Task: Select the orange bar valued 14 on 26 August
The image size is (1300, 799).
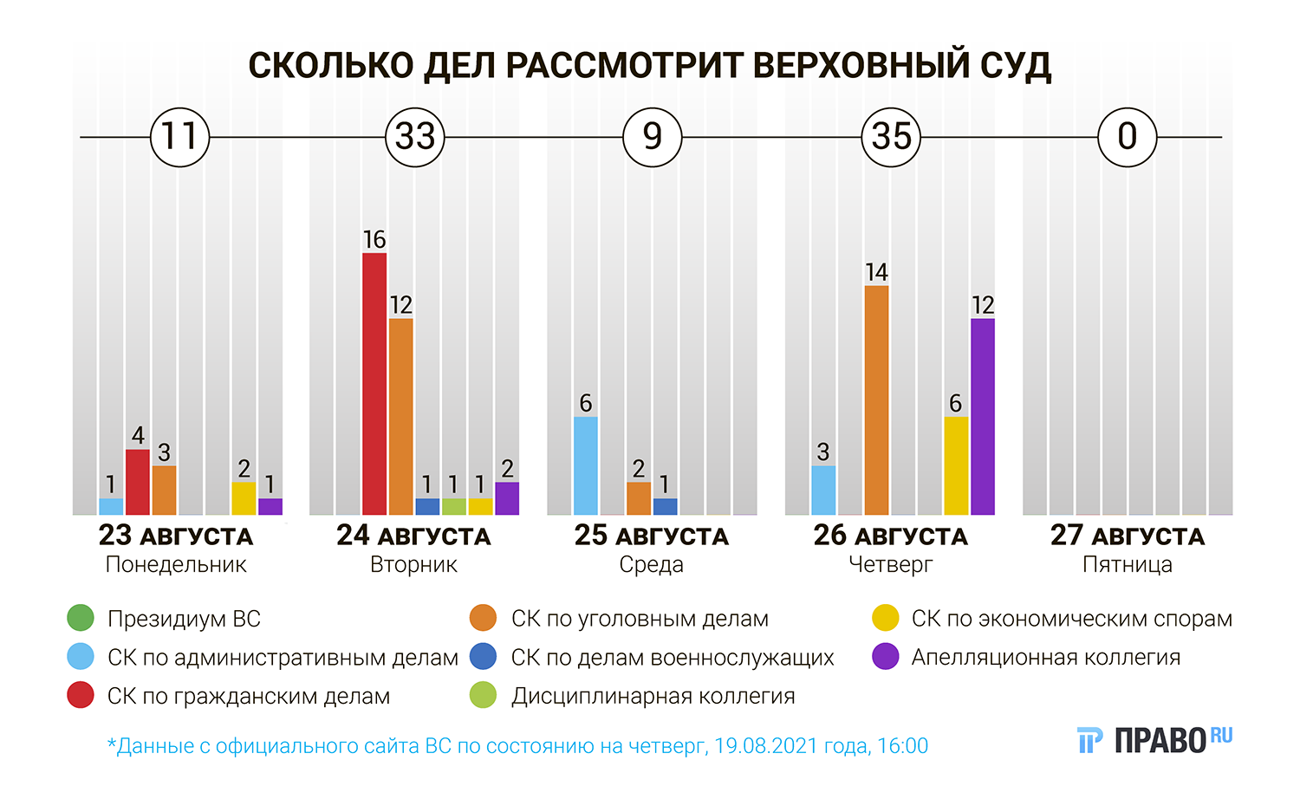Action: [876, 400]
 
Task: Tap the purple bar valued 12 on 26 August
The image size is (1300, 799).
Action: [983, 417]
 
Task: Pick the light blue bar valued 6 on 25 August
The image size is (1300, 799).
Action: [586, 466]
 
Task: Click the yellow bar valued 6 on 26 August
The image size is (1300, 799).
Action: [956, 466]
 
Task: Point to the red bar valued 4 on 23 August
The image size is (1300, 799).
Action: [138, 482]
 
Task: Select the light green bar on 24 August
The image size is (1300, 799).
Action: [453, 507]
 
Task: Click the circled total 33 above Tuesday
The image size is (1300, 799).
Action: [415, 137]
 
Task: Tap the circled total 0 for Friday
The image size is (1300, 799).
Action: [1128, 137]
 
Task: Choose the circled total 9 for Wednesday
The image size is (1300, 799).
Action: [653, 137]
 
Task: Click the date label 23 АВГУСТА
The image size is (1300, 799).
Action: [176, 536]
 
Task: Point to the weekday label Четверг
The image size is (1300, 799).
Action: [890, 565]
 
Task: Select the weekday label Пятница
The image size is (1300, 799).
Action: [1128, 565]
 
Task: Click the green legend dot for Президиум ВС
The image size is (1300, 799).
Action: [81, 619]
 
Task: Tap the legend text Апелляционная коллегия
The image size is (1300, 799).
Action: [1045, 658]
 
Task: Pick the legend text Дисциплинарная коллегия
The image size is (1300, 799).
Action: [653, 697]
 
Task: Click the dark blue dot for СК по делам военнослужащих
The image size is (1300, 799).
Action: [483, 657]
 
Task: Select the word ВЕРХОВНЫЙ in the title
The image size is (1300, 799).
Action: [861, 66]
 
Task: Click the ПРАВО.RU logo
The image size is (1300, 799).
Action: [1154, 739]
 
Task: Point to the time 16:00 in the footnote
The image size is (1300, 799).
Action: [902, 746]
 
